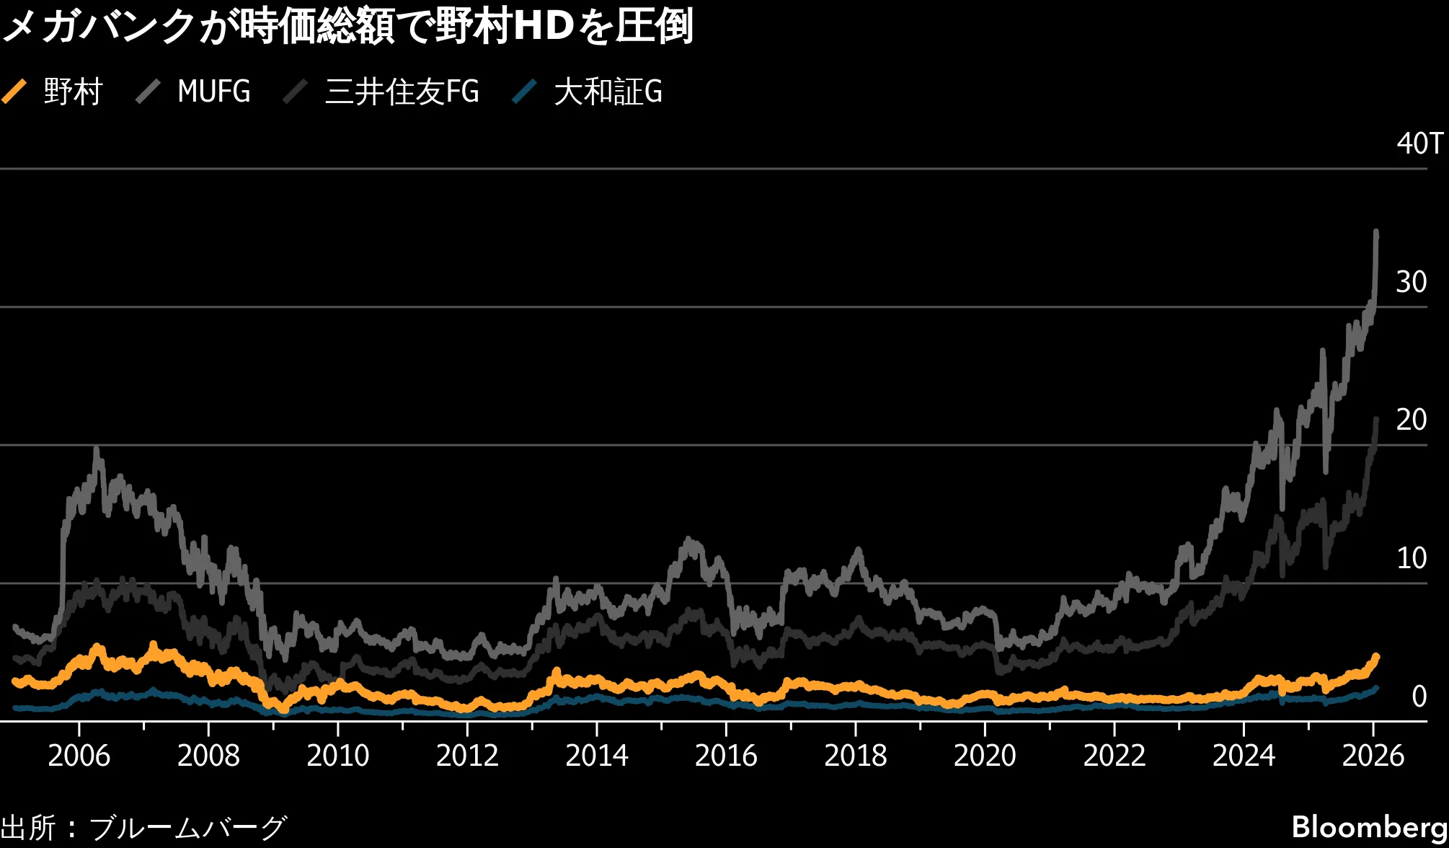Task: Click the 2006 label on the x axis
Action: coord(79,756)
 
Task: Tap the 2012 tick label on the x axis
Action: coord(467,756)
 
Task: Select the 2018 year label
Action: coord(855,756)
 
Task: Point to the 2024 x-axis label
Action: coord(1244,756)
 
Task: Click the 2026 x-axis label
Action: coord(1373,756)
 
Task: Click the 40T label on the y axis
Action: coord(1419,143)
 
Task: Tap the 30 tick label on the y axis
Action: coord(1411,282)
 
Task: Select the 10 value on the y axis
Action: coord(1411,558)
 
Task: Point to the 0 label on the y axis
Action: coord(1419,697)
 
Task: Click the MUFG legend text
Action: coord(213,92)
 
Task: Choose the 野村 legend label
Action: coord(73,92)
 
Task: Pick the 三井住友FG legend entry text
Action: coord(402,92)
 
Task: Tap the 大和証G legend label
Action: coord(608,92)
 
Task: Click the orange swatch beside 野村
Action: coord(14,92)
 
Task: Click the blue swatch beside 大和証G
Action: coord(524,92)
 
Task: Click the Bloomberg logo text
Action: coord(1369,827)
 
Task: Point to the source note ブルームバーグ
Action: coord(187,827)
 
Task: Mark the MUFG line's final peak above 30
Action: coord(1376,232)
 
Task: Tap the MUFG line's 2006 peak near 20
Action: coord(97,450)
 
